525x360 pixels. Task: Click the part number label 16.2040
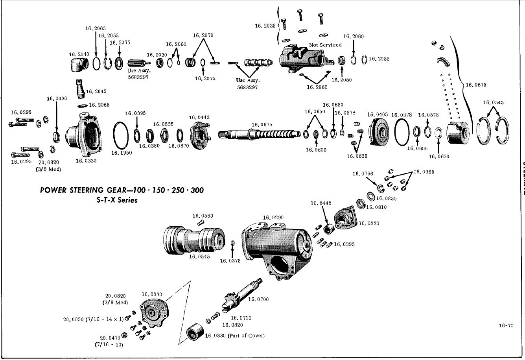tap(79, 54)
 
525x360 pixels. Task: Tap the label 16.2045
tap(96, 91)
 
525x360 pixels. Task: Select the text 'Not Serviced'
tap(325, 45)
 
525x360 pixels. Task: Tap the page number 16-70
tap(506, 325)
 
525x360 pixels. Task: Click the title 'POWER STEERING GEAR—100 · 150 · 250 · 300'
tap(122, 190)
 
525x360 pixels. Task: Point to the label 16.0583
tap(202, 216)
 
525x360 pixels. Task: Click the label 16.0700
tap(258, 299)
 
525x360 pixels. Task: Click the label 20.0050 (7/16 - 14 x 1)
tap(93, 319)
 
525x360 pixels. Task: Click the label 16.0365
tap(424, 172)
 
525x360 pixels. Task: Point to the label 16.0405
tap(378, 114)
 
